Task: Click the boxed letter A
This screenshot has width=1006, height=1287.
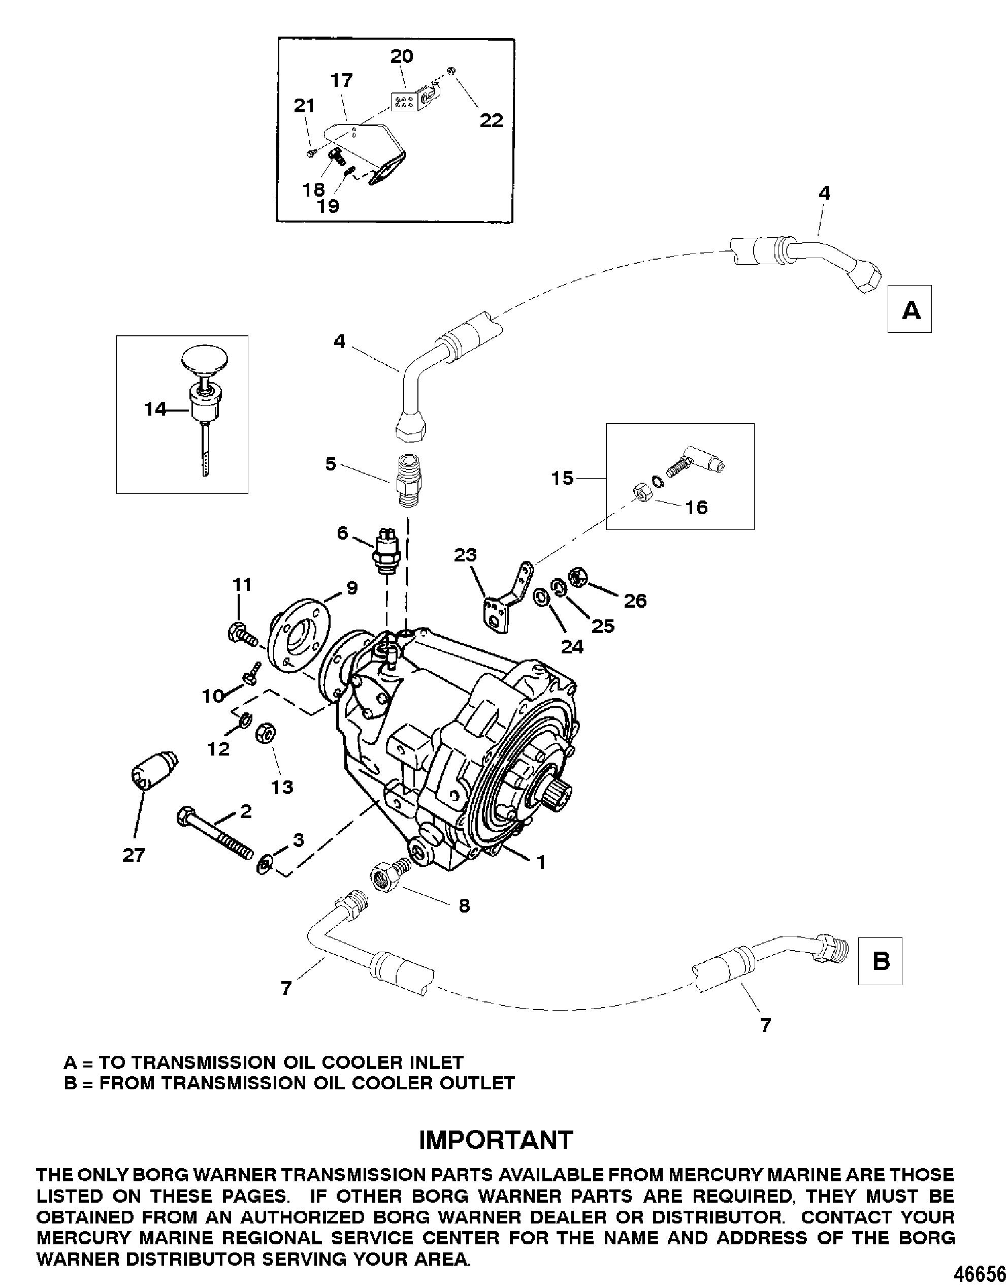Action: (x=910, y=309)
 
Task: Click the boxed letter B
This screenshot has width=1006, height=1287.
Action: (x=881, y=961)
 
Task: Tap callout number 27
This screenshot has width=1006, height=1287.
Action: (x=134, y=855)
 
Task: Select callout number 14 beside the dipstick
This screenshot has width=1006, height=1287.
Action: (x=155, y=409)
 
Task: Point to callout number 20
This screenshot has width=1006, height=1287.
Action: (x=402, y=56)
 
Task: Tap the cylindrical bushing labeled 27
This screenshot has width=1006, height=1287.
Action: (x=152, y=771)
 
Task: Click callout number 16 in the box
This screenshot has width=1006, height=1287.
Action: (x=696, y=508)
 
